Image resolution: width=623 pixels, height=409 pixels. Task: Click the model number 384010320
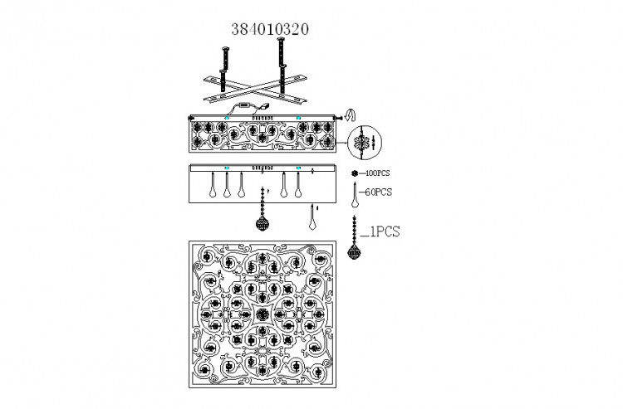click(x=270, y=29)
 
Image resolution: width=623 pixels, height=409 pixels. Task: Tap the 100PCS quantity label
click(x=377, y=173)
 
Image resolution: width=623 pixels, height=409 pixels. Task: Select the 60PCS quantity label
click(x=378, y=192)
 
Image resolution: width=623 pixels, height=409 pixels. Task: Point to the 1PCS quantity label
click(x=385, y=231)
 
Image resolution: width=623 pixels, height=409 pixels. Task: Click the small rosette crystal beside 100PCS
click(x=355, y=173)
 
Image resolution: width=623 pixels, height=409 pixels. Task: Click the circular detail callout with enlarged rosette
click(x=365, y=142)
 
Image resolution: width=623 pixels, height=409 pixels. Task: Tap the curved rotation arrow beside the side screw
click(x=350, y=115)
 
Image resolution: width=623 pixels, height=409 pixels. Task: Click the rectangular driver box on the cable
click(x=243, y=105)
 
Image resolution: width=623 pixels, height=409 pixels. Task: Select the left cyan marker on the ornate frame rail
click(x=227, y=118)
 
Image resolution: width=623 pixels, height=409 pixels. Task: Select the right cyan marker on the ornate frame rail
click(x=298, y=118)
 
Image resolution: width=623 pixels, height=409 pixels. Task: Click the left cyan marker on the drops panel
click(x=227, y=168)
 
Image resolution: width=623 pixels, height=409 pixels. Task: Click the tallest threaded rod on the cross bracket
click(x=281, y=66)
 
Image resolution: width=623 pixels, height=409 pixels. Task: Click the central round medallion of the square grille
click(x=262, y=314)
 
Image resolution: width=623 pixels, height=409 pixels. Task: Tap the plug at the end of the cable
click(x=264, y=106)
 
